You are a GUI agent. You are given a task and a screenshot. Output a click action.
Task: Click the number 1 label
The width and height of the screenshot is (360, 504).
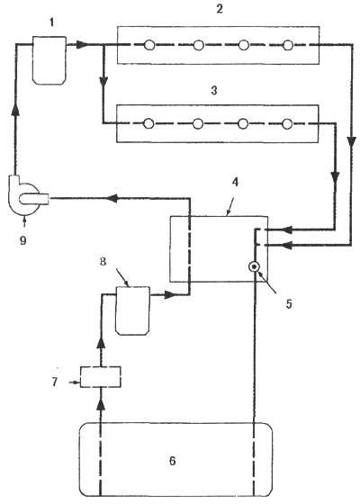(x=51, y=23)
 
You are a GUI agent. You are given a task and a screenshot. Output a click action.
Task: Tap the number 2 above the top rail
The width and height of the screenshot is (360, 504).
(x=220, y=9)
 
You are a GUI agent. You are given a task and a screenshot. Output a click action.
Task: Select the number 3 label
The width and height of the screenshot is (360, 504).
(x=214, y=91)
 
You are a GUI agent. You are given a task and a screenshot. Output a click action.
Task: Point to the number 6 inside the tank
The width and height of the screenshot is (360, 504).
(x=173, y=461)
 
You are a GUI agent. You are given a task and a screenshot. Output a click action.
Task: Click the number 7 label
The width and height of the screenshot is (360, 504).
(x=54, y=382)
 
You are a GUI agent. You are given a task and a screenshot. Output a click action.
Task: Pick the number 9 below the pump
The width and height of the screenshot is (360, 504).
(x=22, y=240)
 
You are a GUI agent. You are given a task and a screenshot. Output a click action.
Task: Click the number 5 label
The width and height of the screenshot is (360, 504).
(x=289, y=304)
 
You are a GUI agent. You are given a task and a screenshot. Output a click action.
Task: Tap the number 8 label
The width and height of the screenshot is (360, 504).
(x=103, y=261)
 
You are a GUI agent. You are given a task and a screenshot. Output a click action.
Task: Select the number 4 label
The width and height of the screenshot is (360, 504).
(x=235, y=182)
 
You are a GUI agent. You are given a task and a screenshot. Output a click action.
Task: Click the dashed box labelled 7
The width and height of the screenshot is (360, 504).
(x=101, y=377)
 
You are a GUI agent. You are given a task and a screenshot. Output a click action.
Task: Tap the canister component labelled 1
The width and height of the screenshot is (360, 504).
(x=49, y=60)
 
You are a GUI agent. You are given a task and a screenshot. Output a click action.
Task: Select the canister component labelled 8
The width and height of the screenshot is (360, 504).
(x=132, y=310)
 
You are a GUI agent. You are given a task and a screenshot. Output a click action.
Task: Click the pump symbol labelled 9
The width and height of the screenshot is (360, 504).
(x=28, y=196)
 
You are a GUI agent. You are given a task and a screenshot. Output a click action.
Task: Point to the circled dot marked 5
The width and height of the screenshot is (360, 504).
(x=254, y=266)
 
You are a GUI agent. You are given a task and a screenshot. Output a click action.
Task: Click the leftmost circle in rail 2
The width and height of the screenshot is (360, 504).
(x=148, y=45)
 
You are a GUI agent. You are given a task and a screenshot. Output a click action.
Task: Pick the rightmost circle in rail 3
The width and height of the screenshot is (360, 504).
(x=287, y=123)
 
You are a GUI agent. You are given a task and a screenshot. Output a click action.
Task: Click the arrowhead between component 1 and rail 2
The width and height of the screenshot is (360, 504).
(x=82, y=45)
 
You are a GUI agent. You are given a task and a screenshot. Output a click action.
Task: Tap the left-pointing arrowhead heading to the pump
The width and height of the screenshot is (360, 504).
(x=112, y=198)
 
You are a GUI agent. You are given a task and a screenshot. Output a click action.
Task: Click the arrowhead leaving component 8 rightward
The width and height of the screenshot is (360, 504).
(x=170, y=294)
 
